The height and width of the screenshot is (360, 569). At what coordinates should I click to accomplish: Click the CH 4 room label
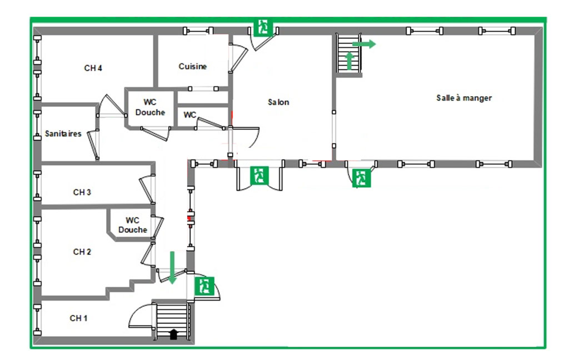93,68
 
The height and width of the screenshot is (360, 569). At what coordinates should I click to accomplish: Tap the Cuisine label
192,67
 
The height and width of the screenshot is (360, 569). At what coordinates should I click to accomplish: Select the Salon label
278,102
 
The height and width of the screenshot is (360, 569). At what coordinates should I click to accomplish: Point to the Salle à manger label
464,98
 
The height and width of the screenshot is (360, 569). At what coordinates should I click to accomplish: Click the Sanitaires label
63,134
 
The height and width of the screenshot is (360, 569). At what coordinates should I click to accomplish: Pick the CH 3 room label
82,192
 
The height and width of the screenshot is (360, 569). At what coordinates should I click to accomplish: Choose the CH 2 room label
82,252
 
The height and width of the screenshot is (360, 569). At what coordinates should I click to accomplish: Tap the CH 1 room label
78,318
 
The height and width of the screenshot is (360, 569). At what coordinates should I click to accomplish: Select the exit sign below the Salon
259,175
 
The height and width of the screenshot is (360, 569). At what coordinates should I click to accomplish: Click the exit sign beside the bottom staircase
204,286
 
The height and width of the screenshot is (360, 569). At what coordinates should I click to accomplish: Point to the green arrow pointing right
364,44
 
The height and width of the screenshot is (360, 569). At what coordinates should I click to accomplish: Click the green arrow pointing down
172,267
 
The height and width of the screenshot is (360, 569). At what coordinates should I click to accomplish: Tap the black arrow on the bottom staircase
173,334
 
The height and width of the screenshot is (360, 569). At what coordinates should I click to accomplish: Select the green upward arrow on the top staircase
350,60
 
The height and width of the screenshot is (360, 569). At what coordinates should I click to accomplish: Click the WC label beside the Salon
190,115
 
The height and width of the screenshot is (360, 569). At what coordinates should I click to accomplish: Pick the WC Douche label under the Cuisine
150,107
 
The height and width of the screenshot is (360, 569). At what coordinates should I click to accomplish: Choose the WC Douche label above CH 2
132,225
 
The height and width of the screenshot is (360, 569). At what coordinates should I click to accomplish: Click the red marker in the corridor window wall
190,218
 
